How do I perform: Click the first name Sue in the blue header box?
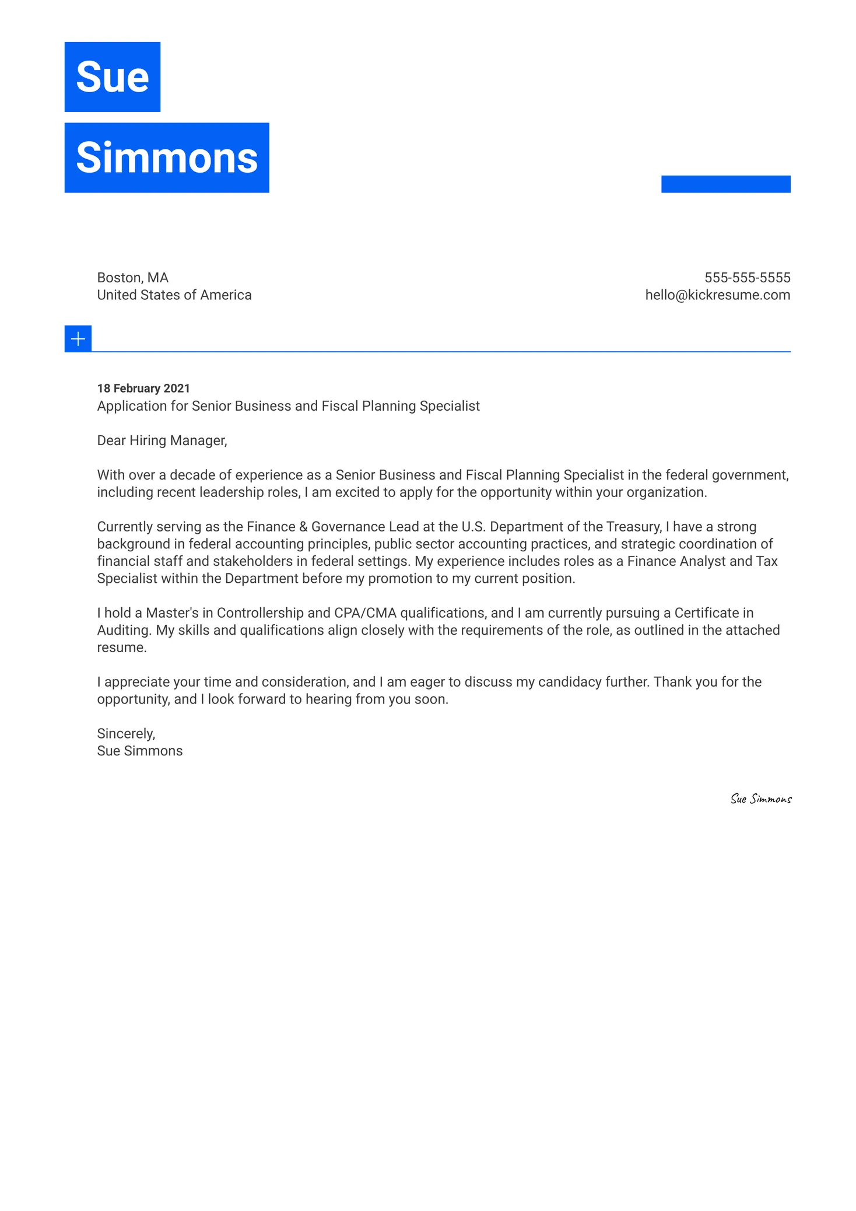coord(113,77)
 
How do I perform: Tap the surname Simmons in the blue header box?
coord(167,158)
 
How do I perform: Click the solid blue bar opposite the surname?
coord(725,184)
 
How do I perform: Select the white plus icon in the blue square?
coord(78,339)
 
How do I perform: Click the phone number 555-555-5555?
coord(747,278)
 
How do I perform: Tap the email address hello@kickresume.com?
coord(717,295)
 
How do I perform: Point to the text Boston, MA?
coord(132,278)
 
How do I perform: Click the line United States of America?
coord(174,295)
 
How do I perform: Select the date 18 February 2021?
coord(143,388)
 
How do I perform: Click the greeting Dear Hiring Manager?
coord(162,440)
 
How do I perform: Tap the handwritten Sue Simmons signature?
coord(760,799)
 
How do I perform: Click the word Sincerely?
coord(125,734)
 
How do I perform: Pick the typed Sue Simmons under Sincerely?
coord(139,751)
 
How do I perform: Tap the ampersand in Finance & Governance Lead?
coord(303,527)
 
